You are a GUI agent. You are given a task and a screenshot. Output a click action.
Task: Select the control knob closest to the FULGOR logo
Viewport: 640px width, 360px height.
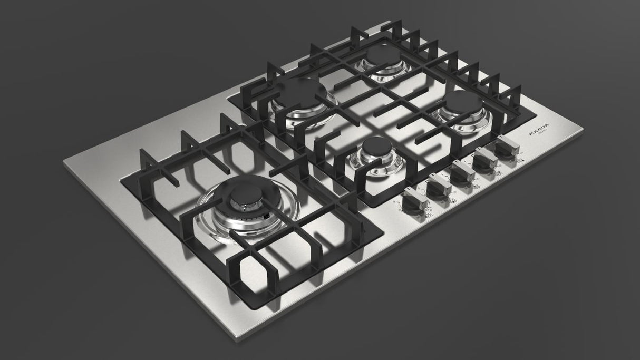click(x=506, y=147)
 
